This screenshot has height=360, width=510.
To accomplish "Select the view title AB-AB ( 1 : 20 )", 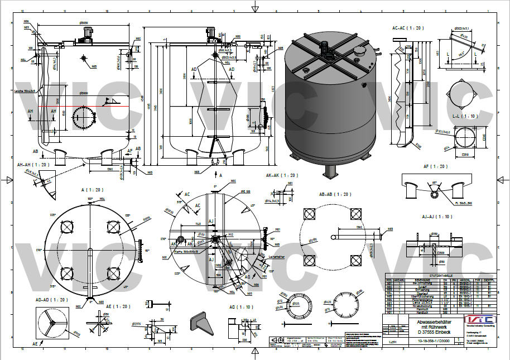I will pos(335,194).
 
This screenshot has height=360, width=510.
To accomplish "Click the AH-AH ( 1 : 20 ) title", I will pos(34,165).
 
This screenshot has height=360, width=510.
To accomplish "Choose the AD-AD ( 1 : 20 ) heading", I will pos(52,300).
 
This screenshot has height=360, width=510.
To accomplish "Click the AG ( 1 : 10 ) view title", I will pos(239,307).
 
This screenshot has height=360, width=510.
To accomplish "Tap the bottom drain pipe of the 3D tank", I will pos(330,171).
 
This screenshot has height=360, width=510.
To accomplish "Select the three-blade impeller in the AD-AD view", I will pos(51,323).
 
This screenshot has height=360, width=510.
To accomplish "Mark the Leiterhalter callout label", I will pos(276,256).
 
